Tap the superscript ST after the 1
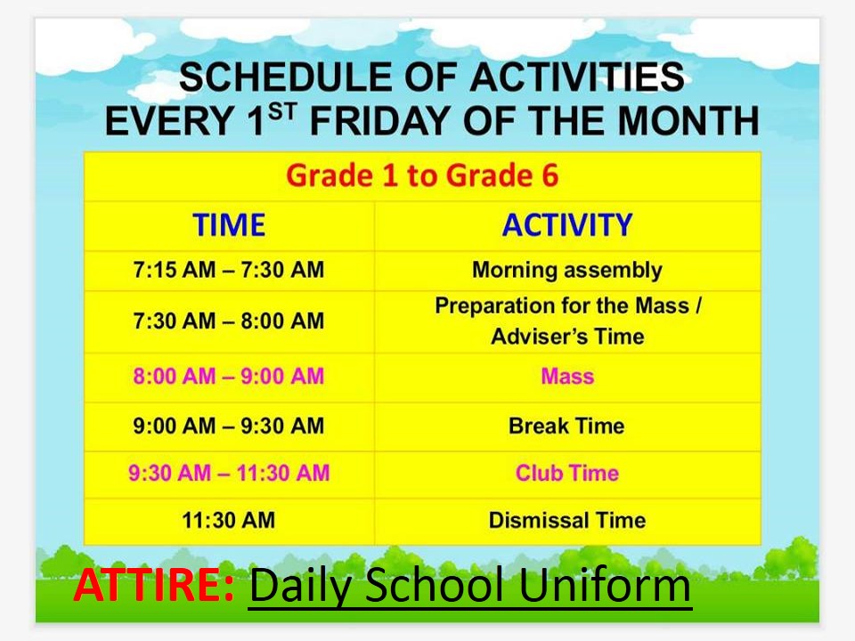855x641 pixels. pos(282,112)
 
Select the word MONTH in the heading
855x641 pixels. pos(688,120)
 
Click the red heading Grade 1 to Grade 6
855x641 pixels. pos(422,175)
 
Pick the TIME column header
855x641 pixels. pos(229,224)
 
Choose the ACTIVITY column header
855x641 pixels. pos(567,224)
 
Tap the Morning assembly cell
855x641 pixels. pos(567,271)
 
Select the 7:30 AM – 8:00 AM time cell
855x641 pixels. pos(229,320)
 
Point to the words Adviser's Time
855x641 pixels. pos(567,337)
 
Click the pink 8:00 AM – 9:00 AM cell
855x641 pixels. pos(229,376)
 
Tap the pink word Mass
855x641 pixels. pos(567,376)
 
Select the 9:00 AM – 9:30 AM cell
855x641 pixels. pos(229,426)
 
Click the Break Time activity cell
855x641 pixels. pos(566,426)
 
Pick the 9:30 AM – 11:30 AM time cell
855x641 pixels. pos(229,473)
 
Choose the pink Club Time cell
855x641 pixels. pos(567,473)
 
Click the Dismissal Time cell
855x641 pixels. pos(567,520)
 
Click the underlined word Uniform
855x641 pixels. pos(605,585)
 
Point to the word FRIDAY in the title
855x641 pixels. pos(379,120)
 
